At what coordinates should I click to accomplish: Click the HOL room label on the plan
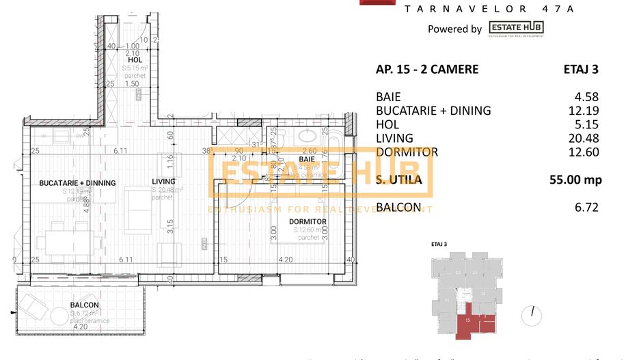134,60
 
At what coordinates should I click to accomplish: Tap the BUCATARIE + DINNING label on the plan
77,183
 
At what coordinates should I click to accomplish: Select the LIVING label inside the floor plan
163,181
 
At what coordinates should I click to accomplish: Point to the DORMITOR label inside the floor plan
307,222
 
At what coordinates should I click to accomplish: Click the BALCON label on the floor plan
84,305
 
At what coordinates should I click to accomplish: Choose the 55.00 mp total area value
574,180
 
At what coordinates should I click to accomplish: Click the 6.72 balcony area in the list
587,207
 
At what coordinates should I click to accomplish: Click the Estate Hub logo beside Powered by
516,29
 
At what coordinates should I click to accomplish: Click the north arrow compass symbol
532,315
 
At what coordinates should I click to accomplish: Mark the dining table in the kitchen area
66,241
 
